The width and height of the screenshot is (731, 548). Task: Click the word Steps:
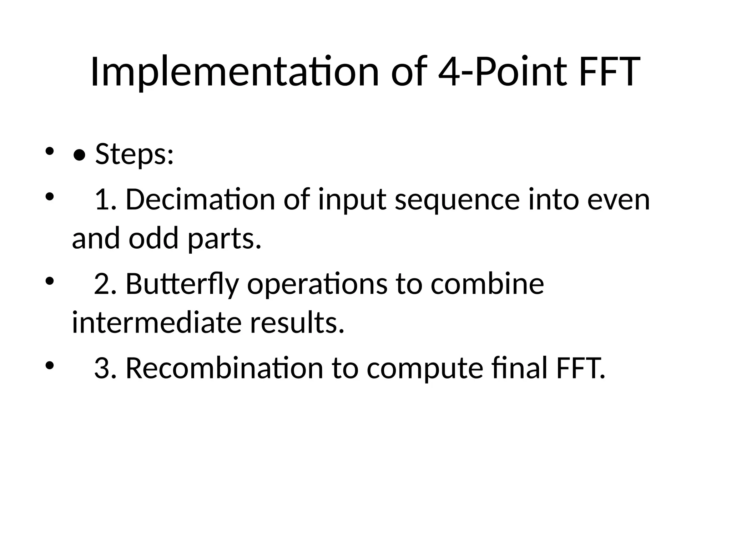click(x=134, y=154)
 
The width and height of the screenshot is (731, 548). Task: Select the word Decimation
click(x=200, y=199)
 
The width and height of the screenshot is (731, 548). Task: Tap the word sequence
click(x=457, y=199)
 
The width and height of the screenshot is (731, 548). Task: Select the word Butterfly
click(x=182, y=284)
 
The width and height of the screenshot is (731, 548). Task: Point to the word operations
click(x=317, y=284)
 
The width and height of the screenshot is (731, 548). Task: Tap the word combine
click(x=487, y=284)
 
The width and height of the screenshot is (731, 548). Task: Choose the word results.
click(x=297, y=323)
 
